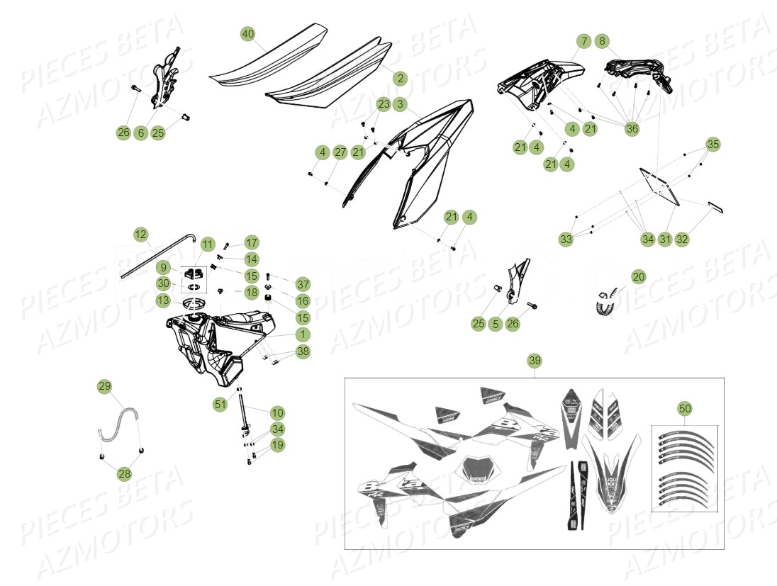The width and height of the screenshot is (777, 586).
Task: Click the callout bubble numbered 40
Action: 247,34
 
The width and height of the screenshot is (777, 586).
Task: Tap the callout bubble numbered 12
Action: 140,234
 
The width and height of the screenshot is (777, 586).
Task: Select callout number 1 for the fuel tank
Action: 303,334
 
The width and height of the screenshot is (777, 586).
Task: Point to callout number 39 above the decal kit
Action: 535,361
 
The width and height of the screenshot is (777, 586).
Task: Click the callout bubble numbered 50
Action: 684,409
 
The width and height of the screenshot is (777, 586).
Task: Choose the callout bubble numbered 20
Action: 639,276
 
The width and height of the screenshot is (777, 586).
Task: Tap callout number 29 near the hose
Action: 105,386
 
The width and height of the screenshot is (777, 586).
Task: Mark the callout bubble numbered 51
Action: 220,404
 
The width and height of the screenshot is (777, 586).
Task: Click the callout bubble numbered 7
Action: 583,42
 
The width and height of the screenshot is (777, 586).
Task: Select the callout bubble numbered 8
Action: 601,42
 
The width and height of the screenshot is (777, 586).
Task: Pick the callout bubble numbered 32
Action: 682,240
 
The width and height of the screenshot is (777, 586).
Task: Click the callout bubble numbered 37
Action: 303,284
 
